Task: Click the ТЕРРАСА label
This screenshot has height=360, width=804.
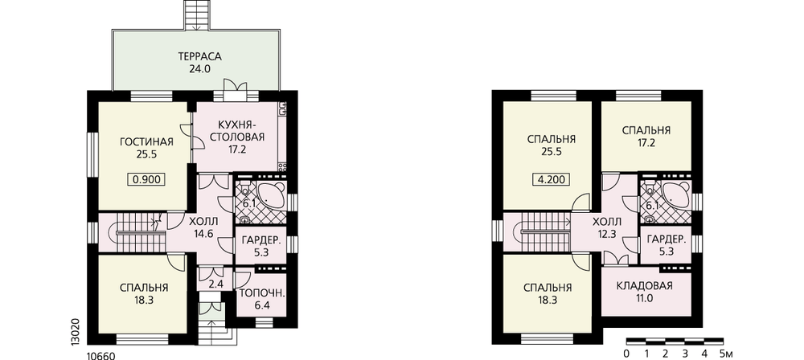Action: coord(199,56)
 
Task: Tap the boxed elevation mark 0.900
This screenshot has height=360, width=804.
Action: coord(147,179)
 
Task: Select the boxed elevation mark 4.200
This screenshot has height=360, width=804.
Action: coord(552,179)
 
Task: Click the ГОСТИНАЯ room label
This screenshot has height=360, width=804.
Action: coord(146,142)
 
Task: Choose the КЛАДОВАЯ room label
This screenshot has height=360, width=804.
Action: coord(645,285)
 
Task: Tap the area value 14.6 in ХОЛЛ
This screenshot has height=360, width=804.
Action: coord(203,234)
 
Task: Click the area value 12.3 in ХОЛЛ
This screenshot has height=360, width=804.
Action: coord(607,235)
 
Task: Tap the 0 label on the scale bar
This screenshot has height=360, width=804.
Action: coord(626,354)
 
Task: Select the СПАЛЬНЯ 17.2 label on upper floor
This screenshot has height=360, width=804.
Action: coord(646,136)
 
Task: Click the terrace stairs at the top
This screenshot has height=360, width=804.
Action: coord(197,15)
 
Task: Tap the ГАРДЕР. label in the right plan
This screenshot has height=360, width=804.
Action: coord(667,239)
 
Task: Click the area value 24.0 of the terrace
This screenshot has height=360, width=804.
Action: coord(200,69)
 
